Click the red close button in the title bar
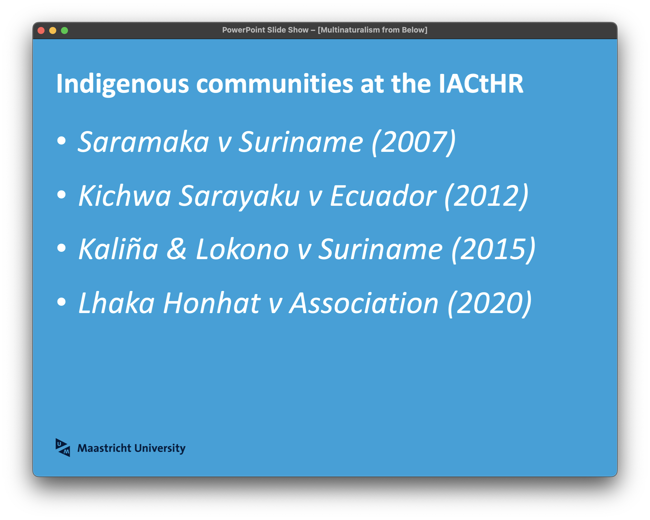tap(41, 30)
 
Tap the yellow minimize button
tap(53, 30)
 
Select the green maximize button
tap(64, 30)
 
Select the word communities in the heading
tap(275, 84)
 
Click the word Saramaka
tap(144, 142)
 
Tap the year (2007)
tap(414, 142)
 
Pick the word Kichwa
tap(125, 196)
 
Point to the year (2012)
tap(486, 196)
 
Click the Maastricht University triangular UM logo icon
tap(63, 448)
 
